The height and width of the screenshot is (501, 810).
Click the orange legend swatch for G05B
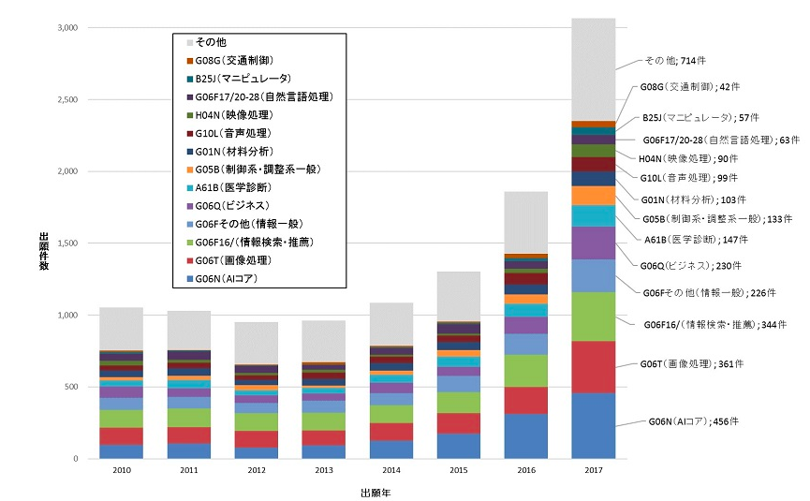tap(191, 169)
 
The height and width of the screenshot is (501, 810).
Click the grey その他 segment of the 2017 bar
tap(593, 69)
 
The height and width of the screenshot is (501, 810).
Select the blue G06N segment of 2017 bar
tap(593, 426)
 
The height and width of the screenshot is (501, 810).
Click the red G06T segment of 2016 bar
tap(525, 400)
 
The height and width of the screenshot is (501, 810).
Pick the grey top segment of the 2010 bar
tap(122, 329)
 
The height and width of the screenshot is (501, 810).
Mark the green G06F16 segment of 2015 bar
tap(458, 402)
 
